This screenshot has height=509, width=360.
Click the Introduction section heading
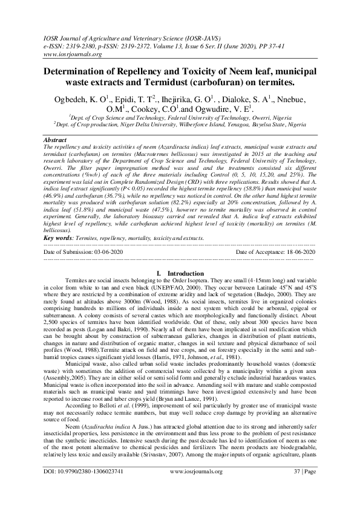tap(180, 274)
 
